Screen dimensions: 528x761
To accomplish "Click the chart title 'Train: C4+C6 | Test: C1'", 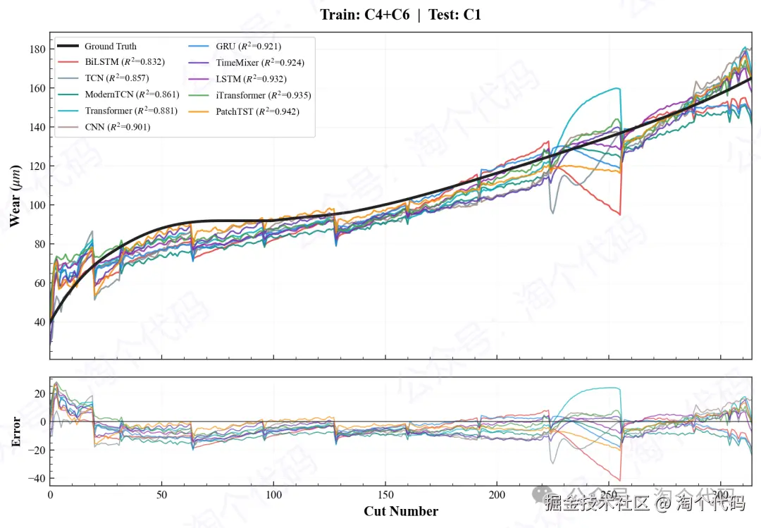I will (x=400, y=14).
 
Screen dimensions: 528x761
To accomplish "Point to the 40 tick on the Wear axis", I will (x=39, y=322).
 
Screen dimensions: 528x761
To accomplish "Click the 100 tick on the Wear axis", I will (x=37, y=205).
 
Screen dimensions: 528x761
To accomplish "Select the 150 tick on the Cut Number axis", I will (x=385, y=496).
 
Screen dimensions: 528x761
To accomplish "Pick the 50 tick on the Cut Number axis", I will (x=162, y=496).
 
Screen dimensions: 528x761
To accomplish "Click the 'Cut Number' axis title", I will (x=400, y=512).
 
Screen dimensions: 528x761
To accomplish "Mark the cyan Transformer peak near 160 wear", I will (x=618, y=88).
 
